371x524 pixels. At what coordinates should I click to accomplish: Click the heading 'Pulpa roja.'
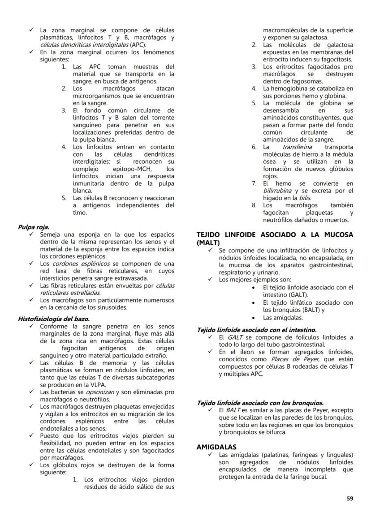point(34,227)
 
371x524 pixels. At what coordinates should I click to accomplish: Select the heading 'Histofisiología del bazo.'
point(54,319)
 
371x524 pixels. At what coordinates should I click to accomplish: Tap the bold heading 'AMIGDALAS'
point(216,447)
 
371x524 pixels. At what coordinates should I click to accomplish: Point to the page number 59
point(349,498)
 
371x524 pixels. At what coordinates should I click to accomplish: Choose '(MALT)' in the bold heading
point(208,242)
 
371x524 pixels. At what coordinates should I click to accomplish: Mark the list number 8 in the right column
point(254,205)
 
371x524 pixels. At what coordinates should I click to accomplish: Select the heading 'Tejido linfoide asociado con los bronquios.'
point(260,403)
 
